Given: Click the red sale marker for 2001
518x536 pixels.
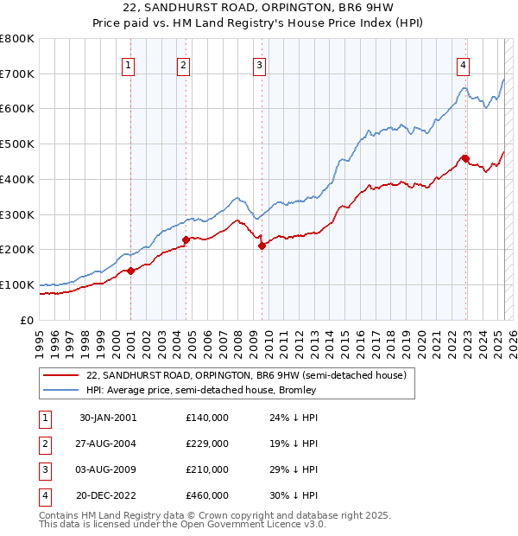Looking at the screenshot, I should pos(131,271).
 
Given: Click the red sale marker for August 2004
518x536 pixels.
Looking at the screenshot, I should pos(186,239).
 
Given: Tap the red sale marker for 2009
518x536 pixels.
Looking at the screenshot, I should pos(261,246).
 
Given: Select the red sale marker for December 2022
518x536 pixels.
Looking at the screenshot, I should pos(464,158).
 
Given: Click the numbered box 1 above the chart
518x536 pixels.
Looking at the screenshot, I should pos(128,63).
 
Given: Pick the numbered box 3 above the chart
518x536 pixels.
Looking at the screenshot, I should pos(259,63).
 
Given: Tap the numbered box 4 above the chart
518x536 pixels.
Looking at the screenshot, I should pos(464,63).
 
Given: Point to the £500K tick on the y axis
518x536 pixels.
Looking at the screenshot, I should pos(17,144).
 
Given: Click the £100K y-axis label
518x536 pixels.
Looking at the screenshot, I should pos(17,284).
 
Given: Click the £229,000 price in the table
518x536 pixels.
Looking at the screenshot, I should pos(207,443).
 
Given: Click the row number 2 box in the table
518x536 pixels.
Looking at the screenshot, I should pos(44,443).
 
